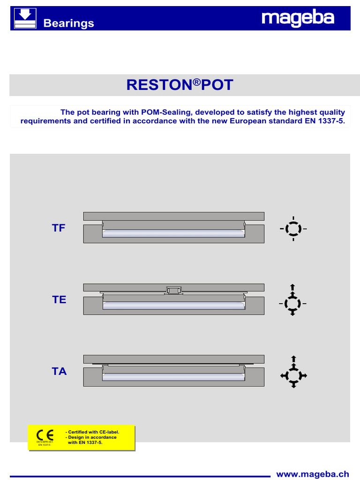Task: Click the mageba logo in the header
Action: [298, 19]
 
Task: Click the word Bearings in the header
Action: [68, 23]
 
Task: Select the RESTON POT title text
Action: [180, 85]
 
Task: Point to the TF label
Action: [59, 228]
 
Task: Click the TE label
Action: [59, 300]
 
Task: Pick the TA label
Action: [59, 372]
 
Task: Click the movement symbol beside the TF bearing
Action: [293, 229]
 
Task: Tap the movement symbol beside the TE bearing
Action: [293, 300]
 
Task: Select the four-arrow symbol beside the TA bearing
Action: [293, 372]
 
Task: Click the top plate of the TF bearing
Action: [173, 216]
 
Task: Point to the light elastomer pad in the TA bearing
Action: [173, 376]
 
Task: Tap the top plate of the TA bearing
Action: [173, 359]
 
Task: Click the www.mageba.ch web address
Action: [312, 474]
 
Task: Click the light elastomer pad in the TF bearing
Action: [173, 233]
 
